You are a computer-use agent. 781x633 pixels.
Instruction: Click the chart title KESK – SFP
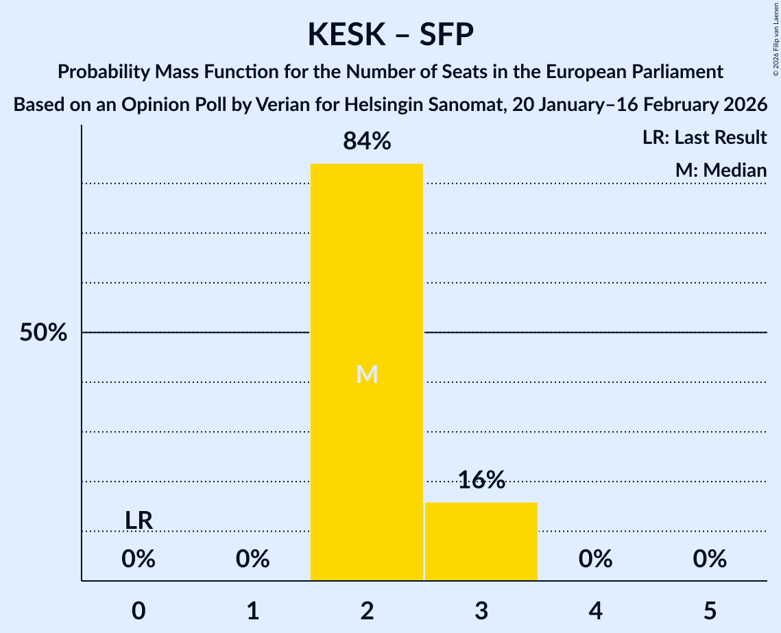coord(390,34)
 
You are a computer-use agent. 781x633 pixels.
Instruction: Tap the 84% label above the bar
coord(367,142)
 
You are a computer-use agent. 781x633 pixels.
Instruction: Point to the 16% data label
coord(481,480)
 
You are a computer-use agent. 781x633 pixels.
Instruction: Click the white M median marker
coord(367,374)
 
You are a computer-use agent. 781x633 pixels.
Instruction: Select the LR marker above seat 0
coord(139,521)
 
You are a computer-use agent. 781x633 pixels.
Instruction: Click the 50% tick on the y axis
coord(43,333)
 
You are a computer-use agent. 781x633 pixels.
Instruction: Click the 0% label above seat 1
coord(253,560)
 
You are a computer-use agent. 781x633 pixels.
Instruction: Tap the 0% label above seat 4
coord(595,560)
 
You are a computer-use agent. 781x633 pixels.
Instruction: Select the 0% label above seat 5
coord(710,560)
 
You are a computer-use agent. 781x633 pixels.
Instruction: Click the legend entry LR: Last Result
coord(704,138)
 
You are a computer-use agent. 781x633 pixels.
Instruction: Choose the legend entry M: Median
coord(721,171)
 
